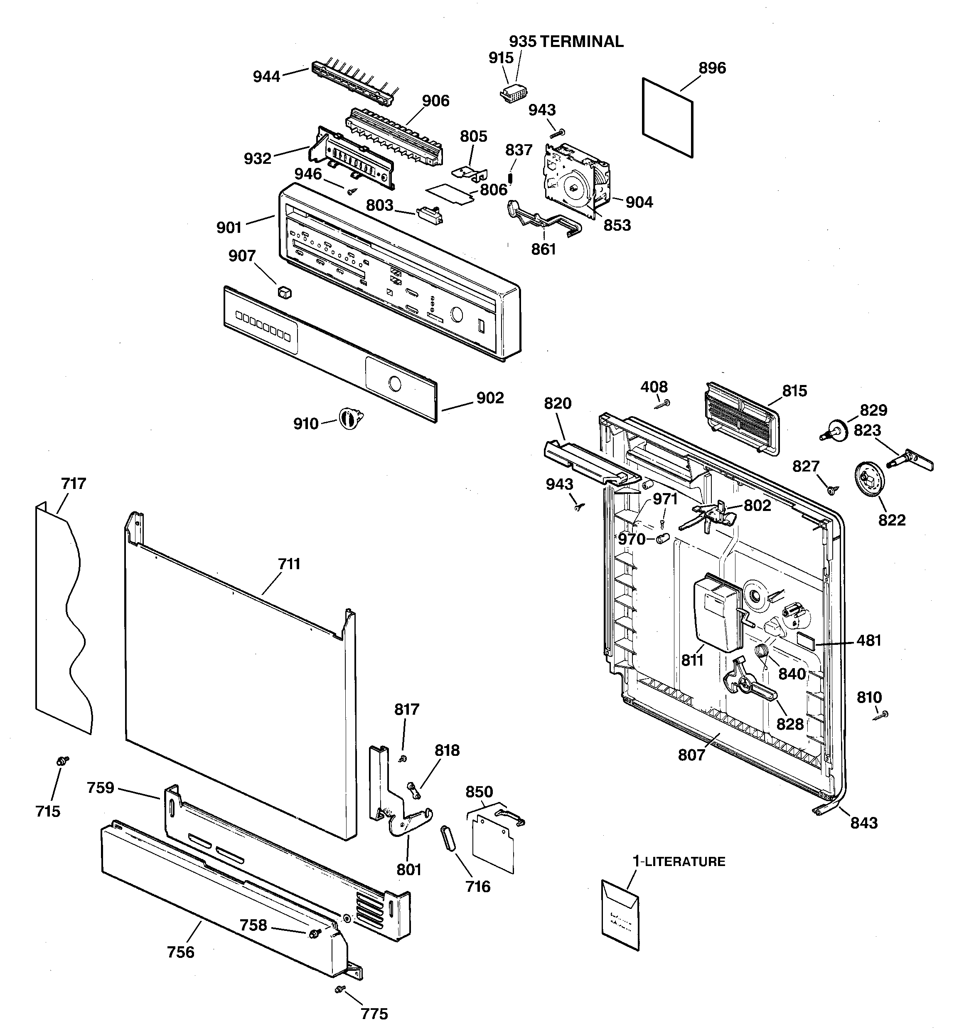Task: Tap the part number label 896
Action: click(712, 68)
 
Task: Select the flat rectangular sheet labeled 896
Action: click(667, 118)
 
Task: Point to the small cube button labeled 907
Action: click(284, 292)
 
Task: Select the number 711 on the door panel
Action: click(289, 564)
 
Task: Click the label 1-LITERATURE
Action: click(679, 861)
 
